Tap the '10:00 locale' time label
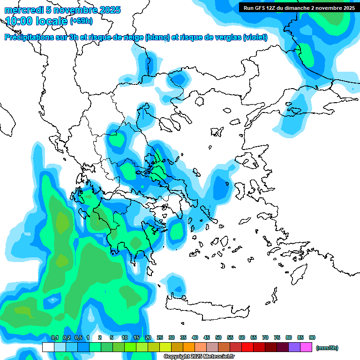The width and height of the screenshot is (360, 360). pyautogui.click(x=37, y=21)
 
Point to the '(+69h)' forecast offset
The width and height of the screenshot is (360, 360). pyautogui.click(x=81, y=21)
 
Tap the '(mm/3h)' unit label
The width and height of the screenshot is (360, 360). pyautogui.click(x=327, y=348)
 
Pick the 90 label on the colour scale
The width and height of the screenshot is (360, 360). pyautogui.click(x=312, y=337)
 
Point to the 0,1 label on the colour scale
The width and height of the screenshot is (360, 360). pyautogui.click(x=54, y=337)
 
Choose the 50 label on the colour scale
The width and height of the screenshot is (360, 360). pyautogui.click(x=218, y=337)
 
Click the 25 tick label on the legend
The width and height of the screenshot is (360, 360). pyautogui.click(x=160, y=337)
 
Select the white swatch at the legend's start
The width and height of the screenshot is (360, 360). pyautogui.click(x=48, y=347)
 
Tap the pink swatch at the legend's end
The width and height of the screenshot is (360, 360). pyautogui.click(x=306, y=347)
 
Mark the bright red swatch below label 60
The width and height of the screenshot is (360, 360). pyautogui.click(x=247, y=347)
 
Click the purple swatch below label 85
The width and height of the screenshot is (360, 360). pyautogui.click(x=294, y=347)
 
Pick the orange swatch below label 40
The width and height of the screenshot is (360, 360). pyautogui.click(x=189, y=347)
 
